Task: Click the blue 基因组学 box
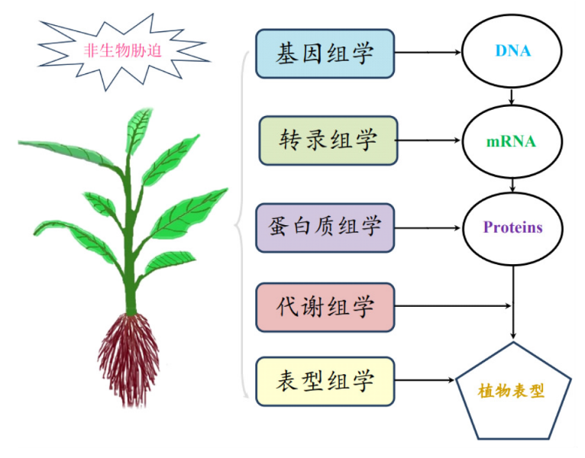point(325,53)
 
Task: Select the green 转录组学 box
point(328,140)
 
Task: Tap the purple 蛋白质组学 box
point(325,228)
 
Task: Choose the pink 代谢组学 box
point(325,308)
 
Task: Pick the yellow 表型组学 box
point(325,382)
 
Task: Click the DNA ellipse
point(512,51)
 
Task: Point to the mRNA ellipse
point(512,142)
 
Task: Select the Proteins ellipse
point(512,229)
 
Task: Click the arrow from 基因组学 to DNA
point(428,53)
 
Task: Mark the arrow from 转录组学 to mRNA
point(428,140)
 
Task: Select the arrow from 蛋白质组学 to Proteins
point(428,228)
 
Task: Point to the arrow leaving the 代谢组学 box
point(453,306)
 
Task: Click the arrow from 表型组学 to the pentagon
point(425,380)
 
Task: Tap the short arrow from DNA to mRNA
point(512,97)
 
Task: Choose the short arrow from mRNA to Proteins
point(512,185)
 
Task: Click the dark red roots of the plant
point(129,358)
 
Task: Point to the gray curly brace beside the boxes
point(239,225)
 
